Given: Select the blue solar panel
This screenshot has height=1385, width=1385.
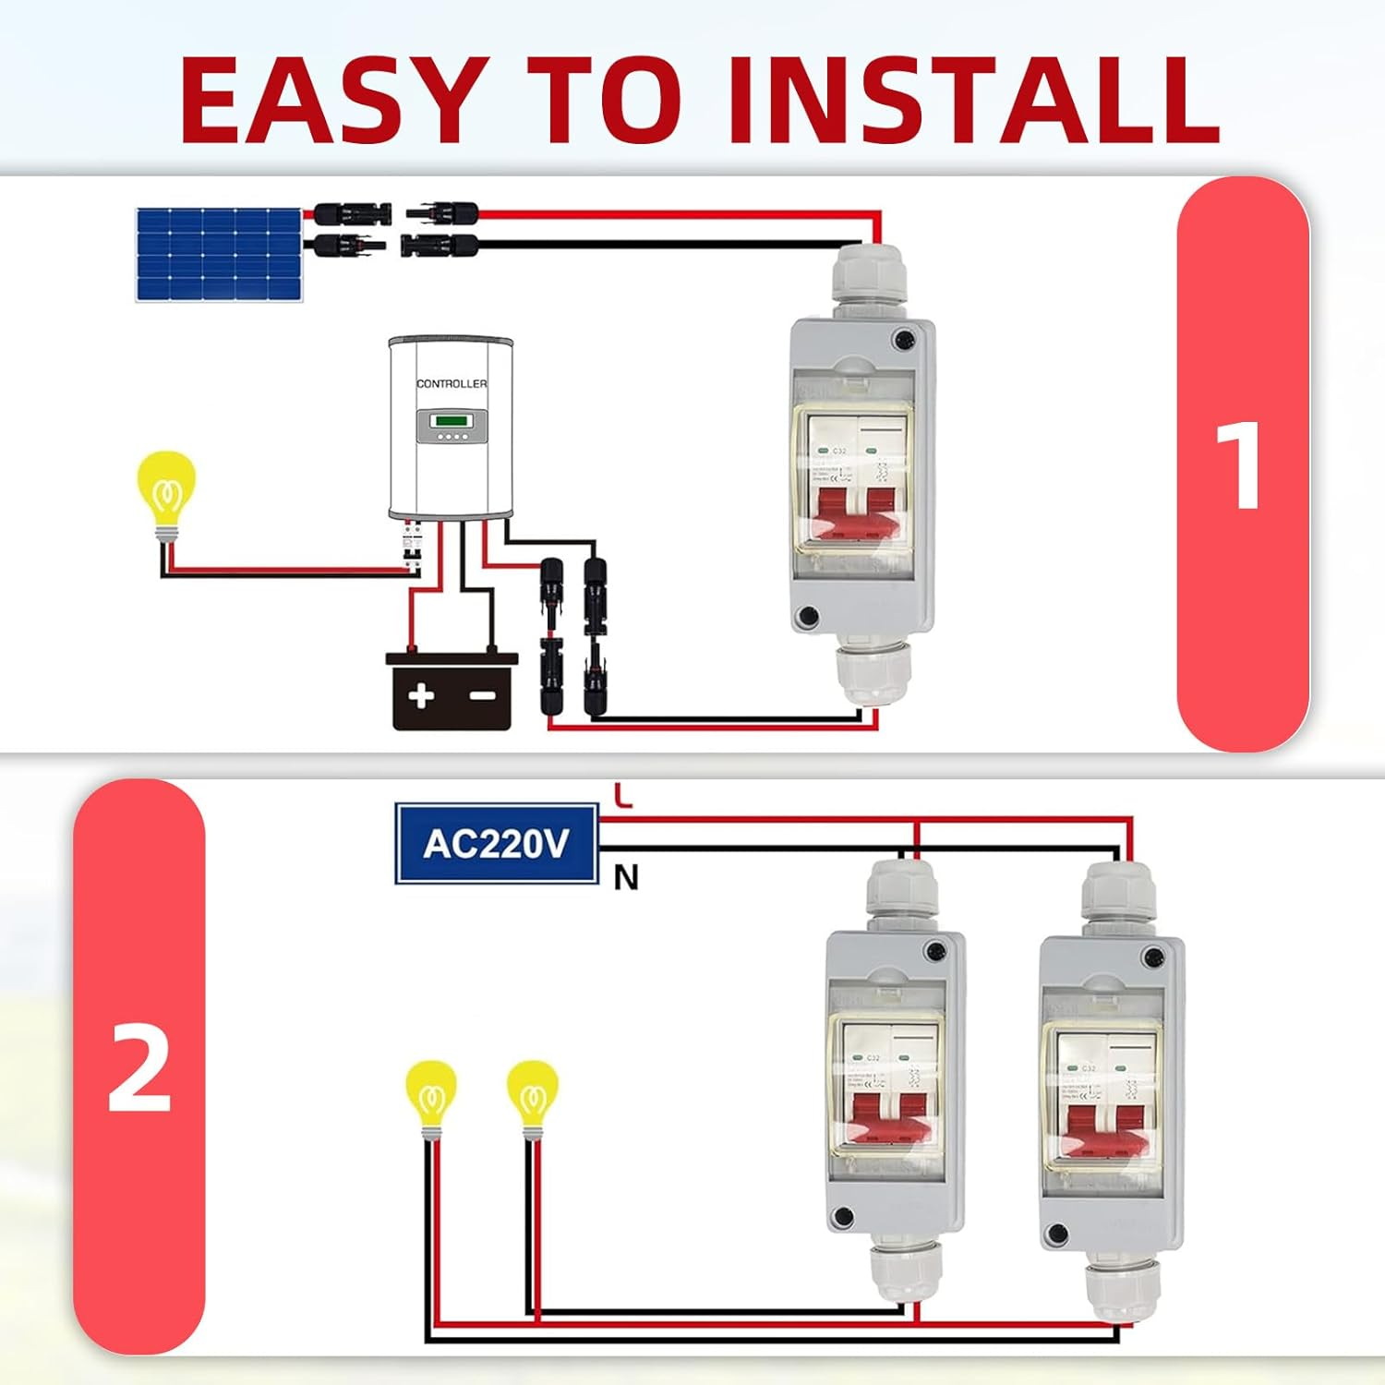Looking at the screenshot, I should pyautogui.click(x=220, y=254).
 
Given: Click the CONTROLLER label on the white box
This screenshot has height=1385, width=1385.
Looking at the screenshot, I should pyautogui.click(x=452, y=383).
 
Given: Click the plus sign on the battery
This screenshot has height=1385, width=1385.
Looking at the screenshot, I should pyautogui.click(x=421, y=695).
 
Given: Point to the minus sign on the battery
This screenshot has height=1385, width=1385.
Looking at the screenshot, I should pyautogui.click(x=482, y=695).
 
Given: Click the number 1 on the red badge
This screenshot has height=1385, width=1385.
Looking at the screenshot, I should pyautogui.click(x=1240, y=464).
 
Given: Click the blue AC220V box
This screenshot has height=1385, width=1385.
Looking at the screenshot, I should pyautogui.click(x=497, y=844).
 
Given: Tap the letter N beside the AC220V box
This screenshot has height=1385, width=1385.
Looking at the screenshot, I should pyautogui.click(x=626, y=877).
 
